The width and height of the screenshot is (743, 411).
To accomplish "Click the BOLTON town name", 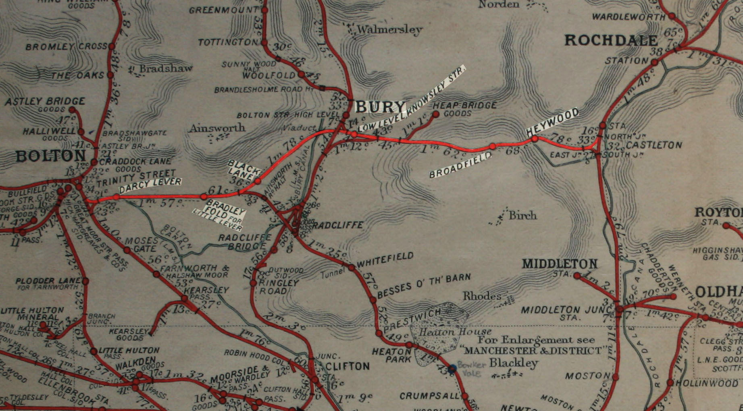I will [51, 156].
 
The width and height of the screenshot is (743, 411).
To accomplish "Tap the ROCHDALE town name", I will [611, 40].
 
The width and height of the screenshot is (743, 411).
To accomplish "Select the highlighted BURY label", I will [380, 107].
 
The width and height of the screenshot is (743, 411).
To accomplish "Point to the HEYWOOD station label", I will [552, 122].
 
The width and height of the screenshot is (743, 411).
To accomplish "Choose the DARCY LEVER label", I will [150, 185].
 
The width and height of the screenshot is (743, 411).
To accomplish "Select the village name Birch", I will [522, 215].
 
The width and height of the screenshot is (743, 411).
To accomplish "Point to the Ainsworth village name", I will [217, 128].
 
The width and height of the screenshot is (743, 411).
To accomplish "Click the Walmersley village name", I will [389, 29].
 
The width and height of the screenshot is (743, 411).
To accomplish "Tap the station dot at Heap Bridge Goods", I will [435, 114].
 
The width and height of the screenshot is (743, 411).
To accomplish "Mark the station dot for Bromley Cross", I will [112, 46].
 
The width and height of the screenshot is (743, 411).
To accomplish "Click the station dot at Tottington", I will [264, 42].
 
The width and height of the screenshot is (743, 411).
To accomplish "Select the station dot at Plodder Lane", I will [85, 281].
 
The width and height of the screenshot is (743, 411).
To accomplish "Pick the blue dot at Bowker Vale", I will [452, 368].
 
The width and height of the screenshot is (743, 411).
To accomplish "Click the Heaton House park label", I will [455, 332].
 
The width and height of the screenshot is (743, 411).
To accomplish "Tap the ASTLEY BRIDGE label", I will [45, 101].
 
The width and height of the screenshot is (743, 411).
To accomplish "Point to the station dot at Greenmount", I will [265, 10].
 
